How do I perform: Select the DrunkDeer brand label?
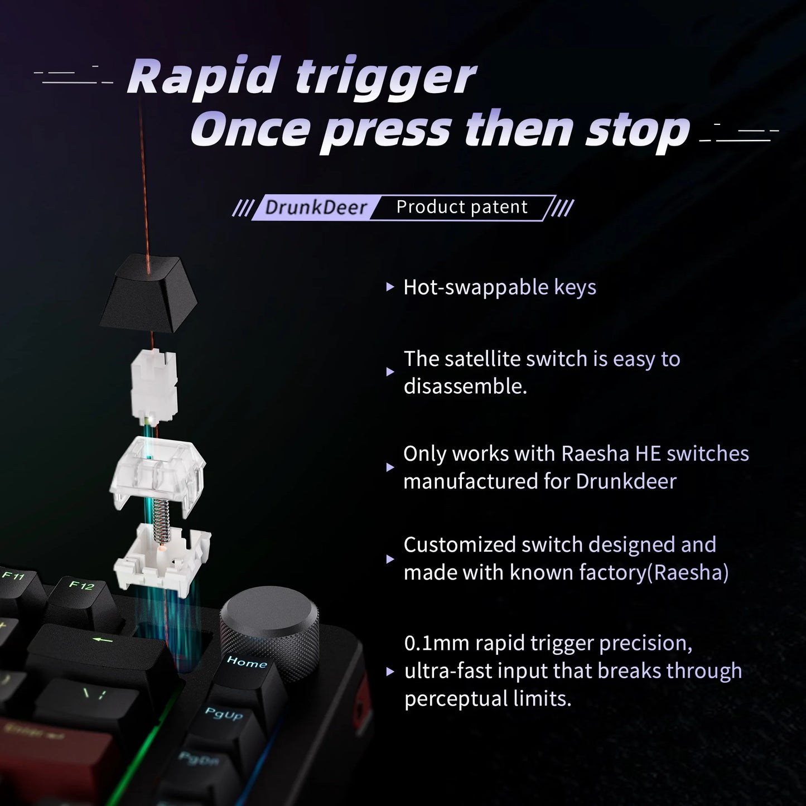coord(316,207)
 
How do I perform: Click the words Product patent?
coord(461,207)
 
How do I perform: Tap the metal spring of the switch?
coord(161,519)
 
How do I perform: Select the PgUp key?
coord(223,720)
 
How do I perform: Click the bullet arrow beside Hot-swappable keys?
coord(390,288)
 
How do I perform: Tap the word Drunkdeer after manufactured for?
coord(626,481)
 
